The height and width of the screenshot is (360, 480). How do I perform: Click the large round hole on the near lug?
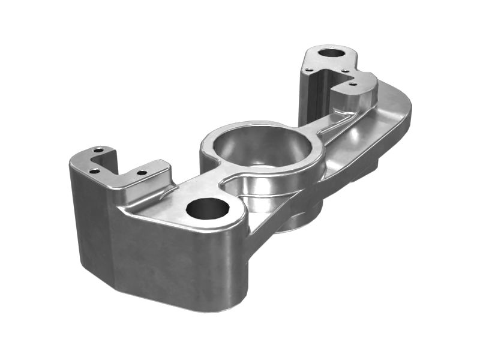(x=208, y=209)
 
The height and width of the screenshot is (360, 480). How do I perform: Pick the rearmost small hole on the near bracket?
(x=100, y=149)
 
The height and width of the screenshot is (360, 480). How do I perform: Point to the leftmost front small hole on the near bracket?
(x=94, y=171)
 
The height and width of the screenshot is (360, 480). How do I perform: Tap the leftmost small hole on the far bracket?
(x=308, y=70)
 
